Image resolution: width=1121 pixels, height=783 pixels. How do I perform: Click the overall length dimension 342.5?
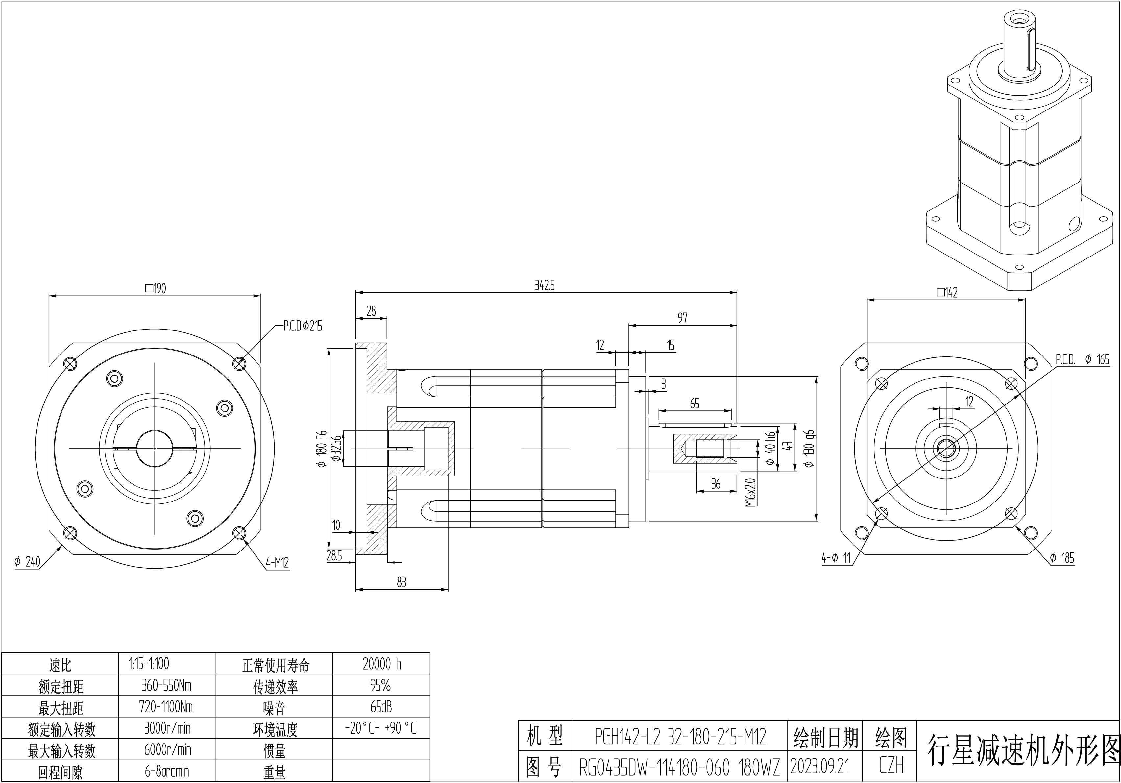coord(545,285)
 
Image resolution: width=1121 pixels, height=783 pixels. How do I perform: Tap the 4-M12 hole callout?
coord(277,563)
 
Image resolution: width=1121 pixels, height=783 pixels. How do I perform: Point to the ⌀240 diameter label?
coord(27,562)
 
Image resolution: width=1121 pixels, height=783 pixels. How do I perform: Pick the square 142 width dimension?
coord(947,292)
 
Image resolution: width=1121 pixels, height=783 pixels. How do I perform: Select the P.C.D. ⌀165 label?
coord(1082,360)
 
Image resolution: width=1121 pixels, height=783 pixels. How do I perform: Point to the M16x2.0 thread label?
coord(750,492)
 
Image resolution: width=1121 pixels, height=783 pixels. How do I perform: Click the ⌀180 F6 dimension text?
coord(321,449)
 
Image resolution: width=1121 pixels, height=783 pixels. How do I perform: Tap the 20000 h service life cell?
coord(381,664)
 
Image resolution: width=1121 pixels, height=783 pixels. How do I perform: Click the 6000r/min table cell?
coord(167,750)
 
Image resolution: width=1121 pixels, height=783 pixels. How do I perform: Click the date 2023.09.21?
coord(820,767)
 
